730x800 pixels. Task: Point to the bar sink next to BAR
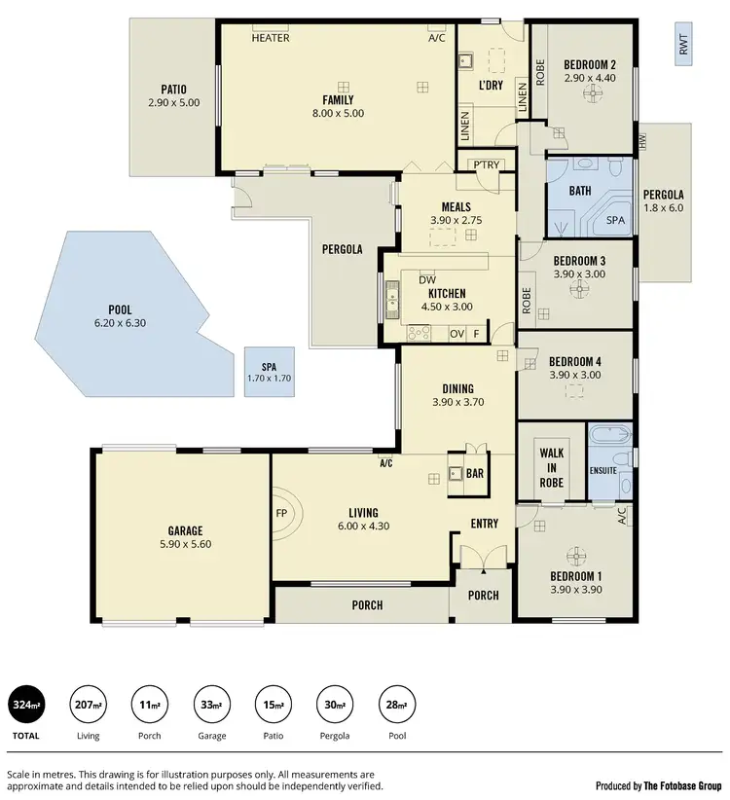click(x=456, y=475)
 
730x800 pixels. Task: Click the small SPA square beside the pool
click(x=269, y=372)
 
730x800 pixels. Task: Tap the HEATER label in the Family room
click(x=270, y=39)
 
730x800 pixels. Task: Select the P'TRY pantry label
click(x=487, y=164)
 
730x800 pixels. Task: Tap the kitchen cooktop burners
click(x=419, y=334)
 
